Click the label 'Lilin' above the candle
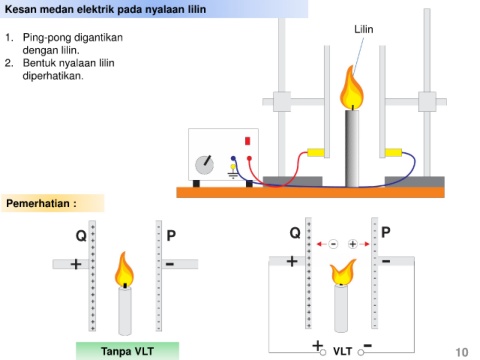tap(364, 29)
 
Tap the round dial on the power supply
tap(204, 165)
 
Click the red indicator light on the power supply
tap(248, 141)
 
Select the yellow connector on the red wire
tap(315, 152)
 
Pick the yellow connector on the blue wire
tap(394, 153)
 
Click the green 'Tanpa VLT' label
tap(127, 351)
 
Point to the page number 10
tap(462, 352)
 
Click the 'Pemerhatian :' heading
tap(41, 203)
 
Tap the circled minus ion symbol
tap(333, 244)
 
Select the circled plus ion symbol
tap(353, 244)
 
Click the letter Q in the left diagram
tap(81, 236)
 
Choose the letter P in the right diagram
tap(386, 232)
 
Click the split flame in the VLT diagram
tap(342, 273)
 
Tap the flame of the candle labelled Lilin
tap(351, 87)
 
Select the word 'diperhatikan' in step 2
tap(52, 76)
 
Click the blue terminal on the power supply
tap(233, 158)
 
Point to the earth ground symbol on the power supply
tap(233, 172)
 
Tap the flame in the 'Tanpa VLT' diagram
tap(124, 269)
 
